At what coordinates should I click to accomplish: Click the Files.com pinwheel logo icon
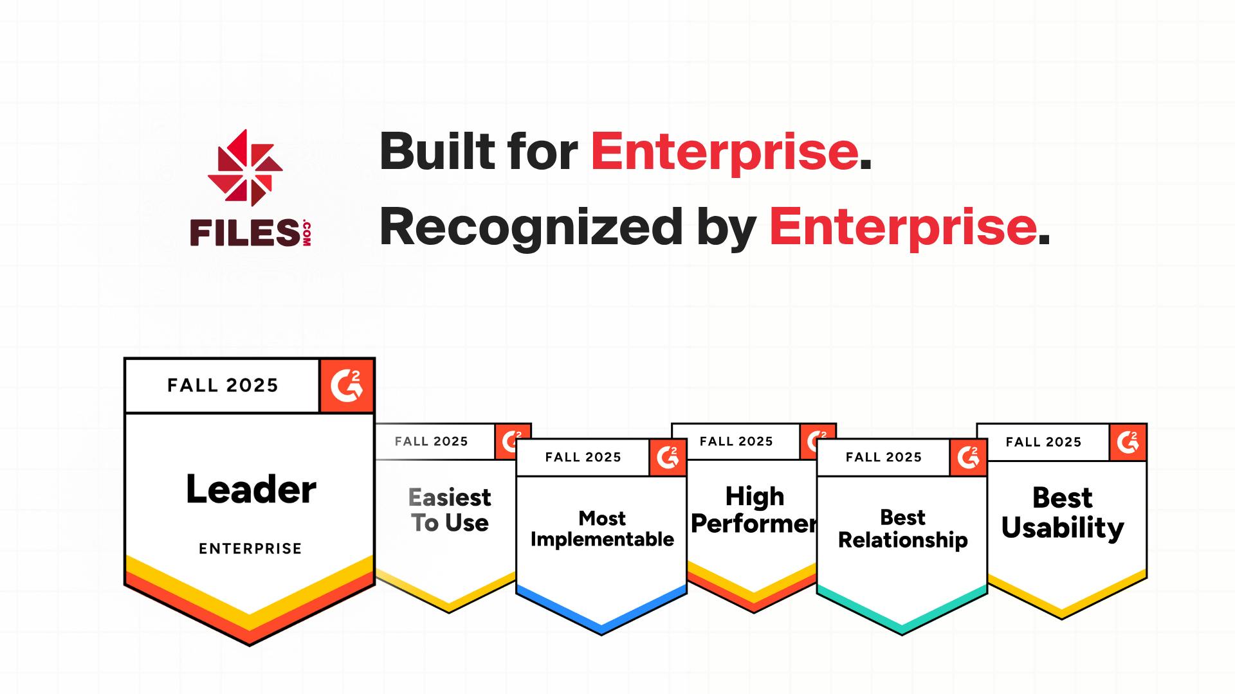point(245,168)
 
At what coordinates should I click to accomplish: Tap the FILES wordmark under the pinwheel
point(244,233)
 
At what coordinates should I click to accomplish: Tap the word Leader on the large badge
point(251,490)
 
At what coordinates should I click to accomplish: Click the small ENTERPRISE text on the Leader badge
point(250,549)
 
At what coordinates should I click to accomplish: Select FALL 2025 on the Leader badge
point(223,386)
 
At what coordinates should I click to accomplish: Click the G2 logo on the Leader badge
point(347,386)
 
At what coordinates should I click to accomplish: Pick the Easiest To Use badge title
point(450,510)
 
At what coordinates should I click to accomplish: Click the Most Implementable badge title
point(602,529)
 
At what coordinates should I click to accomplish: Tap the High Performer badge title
point(754,510)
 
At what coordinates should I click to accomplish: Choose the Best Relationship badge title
point(902,529)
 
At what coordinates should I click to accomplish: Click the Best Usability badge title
point(1063,513)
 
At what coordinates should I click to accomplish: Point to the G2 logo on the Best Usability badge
point(1128,442)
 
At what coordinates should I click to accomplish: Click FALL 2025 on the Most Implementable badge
point(583,458)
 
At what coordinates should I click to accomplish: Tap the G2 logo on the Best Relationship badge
point(968,458)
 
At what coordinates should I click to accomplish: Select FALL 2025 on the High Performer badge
point(736,441)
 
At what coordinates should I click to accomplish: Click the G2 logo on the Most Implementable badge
point(668,458)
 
